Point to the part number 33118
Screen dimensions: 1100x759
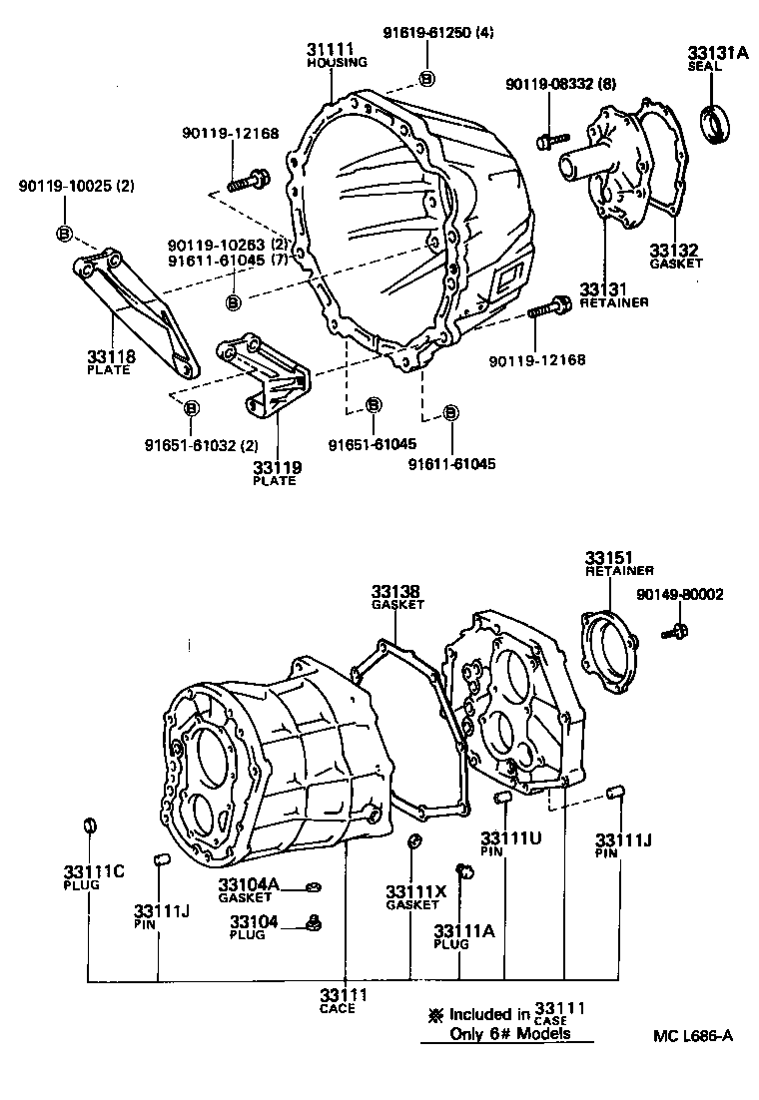112,356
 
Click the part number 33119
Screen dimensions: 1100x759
276,467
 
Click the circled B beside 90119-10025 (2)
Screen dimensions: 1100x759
64,234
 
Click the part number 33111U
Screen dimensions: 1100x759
511,837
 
